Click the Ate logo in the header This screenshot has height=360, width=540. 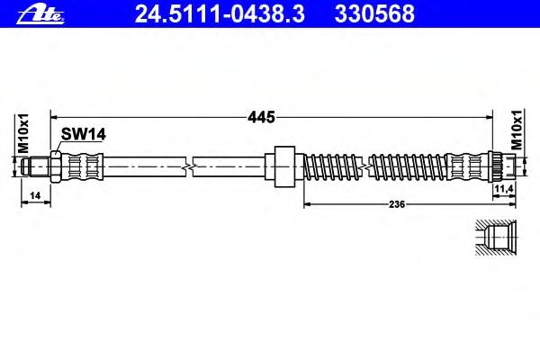pos(40,15)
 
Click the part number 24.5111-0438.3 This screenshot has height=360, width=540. pos(220,14)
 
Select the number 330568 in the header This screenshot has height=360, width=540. pos(374,14)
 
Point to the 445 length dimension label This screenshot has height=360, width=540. pos(262,118)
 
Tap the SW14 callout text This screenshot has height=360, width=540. pos(84,134)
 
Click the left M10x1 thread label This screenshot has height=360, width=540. pos(23,133)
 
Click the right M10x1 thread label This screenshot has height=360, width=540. pos(517,130)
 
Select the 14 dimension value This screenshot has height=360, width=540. pos(35,195)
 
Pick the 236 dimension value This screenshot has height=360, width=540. pos(397,204)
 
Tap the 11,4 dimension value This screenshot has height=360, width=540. pos(504,188)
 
